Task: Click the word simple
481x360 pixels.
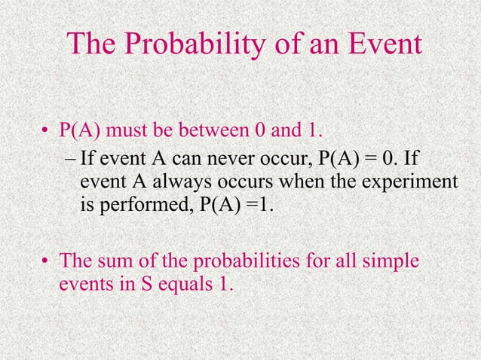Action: click(388, 263)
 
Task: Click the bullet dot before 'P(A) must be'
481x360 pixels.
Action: click(46, 134)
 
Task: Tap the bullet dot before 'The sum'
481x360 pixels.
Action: click(46, 264)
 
